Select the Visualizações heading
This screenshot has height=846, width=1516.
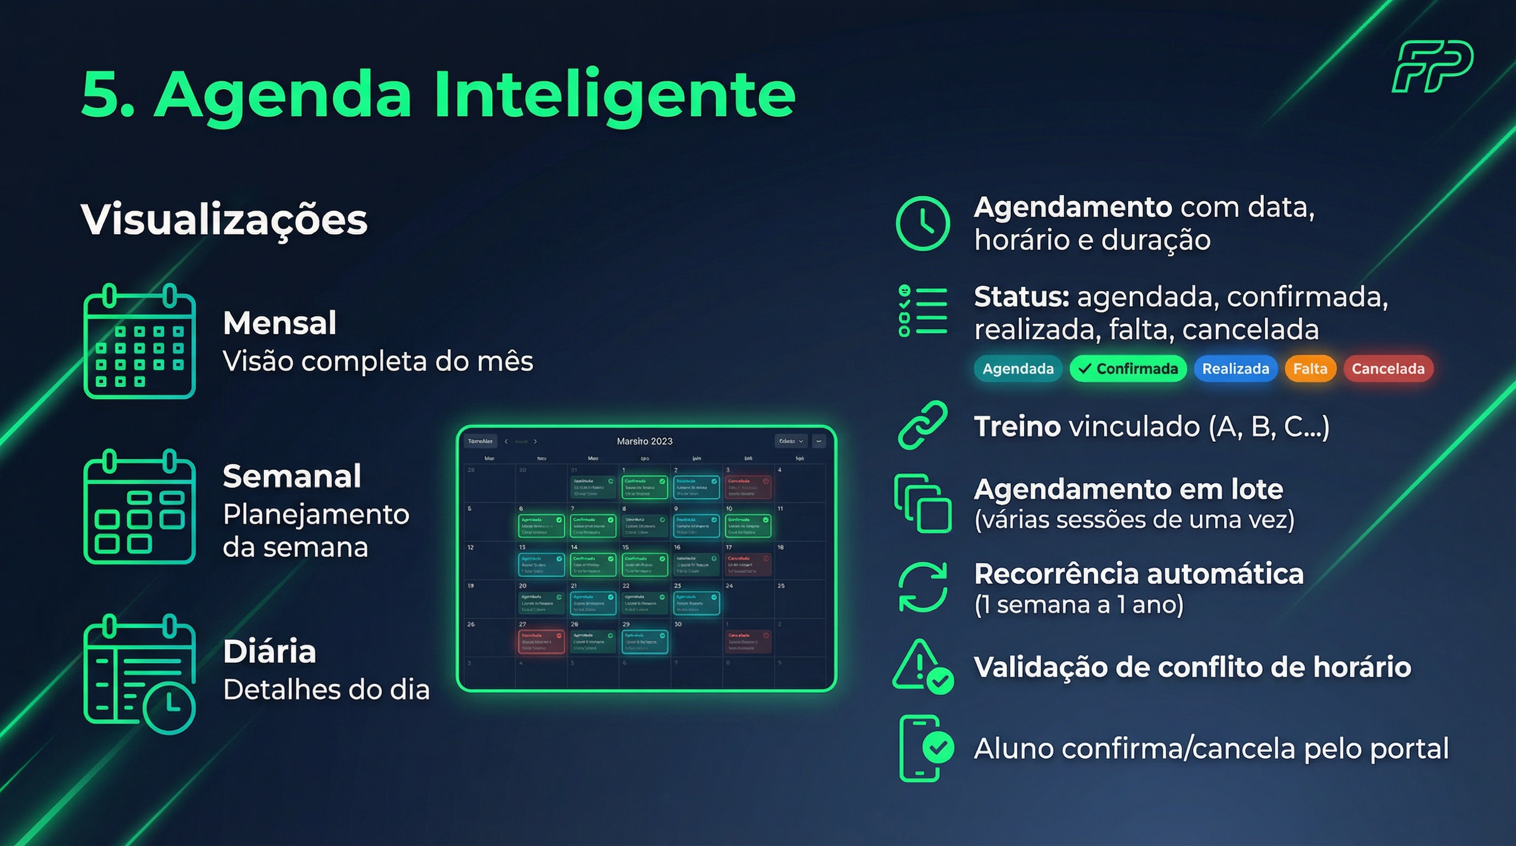224,219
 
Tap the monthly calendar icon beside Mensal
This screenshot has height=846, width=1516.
139,342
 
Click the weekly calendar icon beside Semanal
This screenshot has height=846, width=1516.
139,507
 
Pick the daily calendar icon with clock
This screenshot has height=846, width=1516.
139,674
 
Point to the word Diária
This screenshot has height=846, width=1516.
269,652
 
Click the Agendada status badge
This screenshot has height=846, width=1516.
1017,369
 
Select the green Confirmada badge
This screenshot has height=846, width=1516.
1128,369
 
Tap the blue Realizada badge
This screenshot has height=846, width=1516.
1235,369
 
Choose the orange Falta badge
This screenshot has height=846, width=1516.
1310,369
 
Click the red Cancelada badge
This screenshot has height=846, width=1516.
1388,369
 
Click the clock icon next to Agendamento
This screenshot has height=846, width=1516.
922,224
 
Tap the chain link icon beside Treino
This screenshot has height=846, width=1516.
922,425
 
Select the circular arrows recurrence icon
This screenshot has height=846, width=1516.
922,587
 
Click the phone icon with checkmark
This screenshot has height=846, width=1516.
924,749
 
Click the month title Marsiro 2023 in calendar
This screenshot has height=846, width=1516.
645,441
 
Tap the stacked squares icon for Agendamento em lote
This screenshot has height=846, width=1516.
922,503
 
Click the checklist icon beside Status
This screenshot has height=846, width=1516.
922,311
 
